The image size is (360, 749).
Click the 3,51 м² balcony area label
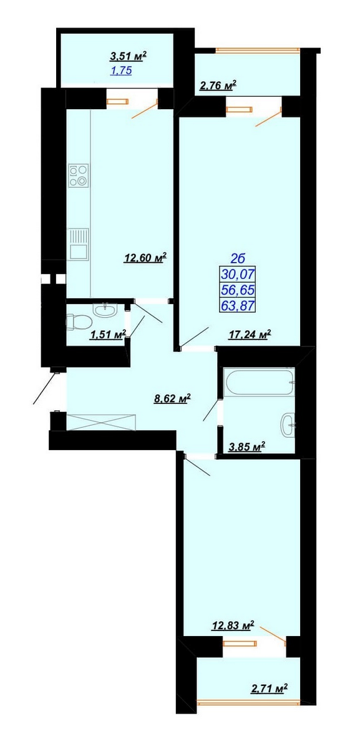[129, 56]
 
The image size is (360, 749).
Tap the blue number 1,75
[121, 71]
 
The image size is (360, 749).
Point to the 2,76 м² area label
[218, 86]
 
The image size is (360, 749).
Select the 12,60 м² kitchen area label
[145, 258]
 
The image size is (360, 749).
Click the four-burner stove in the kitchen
[79, 175]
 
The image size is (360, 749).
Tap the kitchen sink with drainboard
[78, 244]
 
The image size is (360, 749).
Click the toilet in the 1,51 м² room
[78, 322]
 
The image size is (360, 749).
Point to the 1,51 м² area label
[108, 334]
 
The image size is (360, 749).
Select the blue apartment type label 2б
[238, 258]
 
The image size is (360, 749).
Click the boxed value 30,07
[238, 275]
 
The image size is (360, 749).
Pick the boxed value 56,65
[238, 290]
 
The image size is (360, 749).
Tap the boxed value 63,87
[238, 305]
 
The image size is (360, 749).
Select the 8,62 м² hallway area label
[172, 399]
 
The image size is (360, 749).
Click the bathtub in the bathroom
[259, 381]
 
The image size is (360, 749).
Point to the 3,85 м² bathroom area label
[246, 446]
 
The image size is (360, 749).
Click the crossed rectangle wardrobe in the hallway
[101, 422]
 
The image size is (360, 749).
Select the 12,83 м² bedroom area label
[233, 625]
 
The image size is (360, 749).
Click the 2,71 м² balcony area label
[269, 688]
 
